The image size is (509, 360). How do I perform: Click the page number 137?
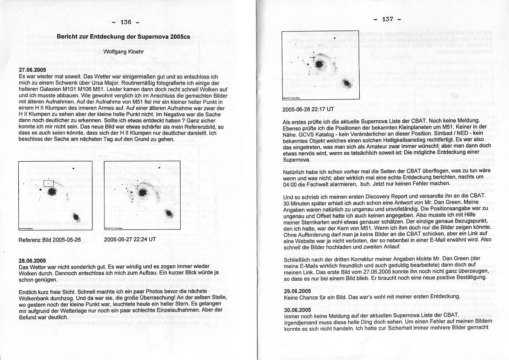[387, 19]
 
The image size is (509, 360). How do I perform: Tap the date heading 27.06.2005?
[32, 70]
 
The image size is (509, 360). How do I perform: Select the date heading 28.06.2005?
[32, 260]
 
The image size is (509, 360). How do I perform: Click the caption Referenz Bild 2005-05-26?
[50, 240]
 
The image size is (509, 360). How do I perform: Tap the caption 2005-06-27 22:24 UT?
[130, 239]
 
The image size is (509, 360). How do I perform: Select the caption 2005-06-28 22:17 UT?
[309, 109]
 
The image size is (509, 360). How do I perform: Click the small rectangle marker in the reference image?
[48, 183]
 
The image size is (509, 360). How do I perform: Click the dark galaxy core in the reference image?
[52, 192]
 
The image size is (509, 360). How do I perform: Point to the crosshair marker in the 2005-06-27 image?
[136, 187]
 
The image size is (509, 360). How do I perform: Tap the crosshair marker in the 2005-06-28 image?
[312, 57]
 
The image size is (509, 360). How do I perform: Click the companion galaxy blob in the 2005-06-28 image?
[347, 84]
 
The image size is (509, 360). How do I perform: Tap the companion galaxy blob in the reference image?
[77, 217]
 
